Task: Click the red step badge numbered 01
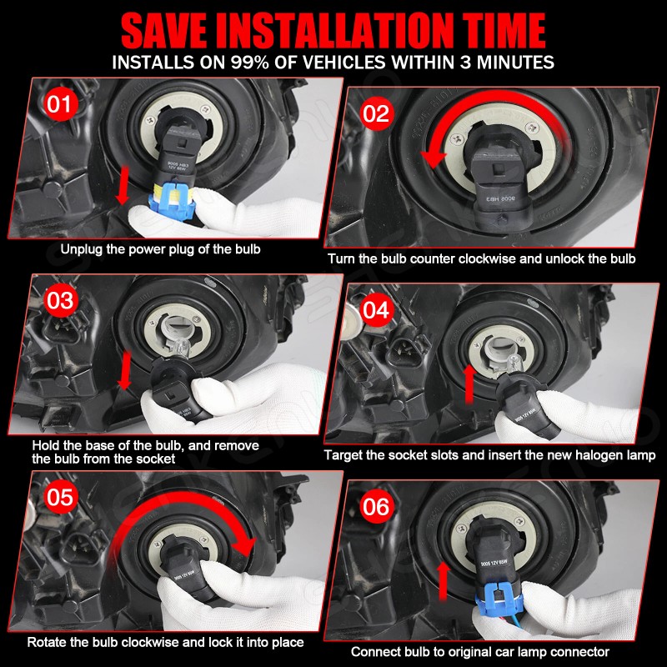click(60, 103)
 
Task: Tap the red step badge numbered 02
click(376, 113)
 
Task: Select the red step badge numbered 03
click(60, 300)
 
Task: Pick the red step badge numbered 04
click(376, 309)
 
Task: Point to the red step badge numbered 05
click(60, 496)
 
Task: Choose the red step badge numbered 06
click(376, 506)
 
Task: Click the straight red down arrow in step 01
click(123, 185)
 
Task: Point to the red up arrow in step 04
click(469, 384)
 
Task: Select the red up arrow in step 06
click(444, 581)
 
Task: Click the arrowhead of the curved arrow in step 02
click(434, 155)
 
